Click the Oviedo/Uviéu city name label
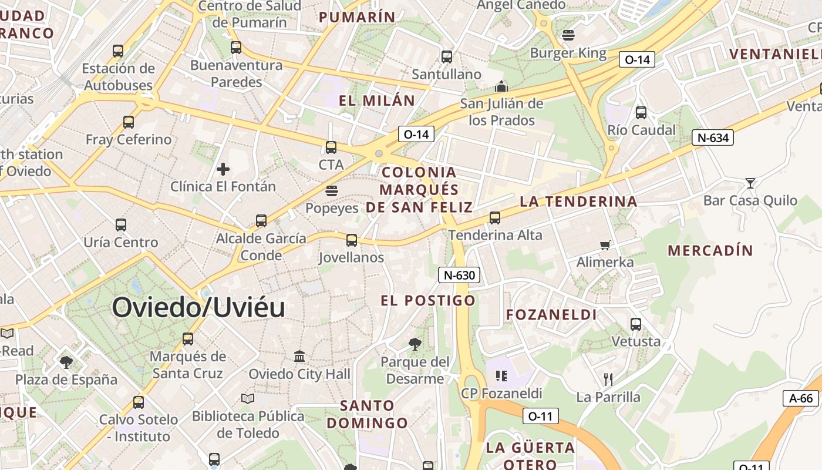coord(198,307)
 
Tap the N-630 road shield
coord(459,274)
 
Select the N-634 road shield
coord(713,138)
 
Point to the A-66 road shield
coord(801,398)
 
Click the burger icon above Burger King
coord(568,35)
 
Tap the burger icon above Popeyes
coord(332,190)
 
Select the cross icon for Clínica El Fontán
coord(223,169)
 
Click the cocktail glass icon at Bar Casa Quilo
coord(750,183)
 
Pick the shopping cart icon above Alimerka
coord(605,244)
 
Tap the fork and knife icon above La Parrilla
coord(608,379)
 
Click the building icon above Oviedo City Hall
coord(299,356)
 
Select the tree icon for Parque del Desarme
coord(415,344)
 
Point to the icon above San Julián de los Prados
coord(501,86)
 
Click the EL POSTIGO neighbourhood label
coord(427,301)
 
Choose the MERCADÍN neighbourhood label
coord(710,250)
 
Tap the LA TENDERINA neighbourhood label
coord(578,202)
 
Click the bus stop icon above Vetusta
coord(636,324)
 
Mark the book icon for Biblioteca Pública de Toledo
coord(248,398)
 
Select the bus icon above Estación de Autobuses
coord(118,51)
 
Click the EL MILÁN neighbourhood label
coord(377,100)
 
